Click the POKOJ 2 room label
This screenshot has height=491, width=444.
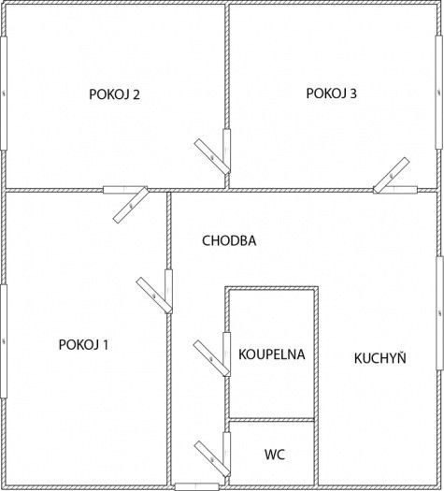point(114,94)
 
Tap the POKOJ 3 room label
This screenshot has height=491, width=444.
point(331,94)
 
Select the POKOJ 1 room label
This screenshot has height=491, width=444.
point(83,345)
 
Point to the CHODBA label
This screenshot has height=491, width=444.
point(229,240)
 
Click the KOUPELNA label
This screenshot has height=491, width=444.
point(272,354)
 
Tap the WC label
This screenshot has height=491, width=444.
point(275,455)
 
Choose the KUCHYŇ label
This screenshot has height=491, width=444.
point(380,357)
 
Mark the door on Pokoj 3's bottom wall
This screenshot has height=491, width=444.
point(394,178)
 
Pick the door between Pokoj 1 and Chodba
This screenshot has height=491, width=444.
point(159,293)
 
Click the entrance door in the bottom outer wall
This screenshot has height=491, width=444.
point(196,486)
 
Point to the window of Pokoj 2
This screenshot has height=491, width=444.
point(4,94)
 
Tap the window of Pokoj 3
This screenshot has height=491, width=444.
point(439,93)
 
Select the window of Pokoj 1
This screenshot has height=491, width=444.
point(4,341)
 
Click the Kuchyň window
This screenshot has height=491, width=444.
point(440,313)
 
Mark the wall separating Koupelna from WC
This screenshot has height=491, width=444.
point(272,420)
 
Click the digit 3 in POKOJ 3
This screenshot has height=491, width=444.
point(353,94)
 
